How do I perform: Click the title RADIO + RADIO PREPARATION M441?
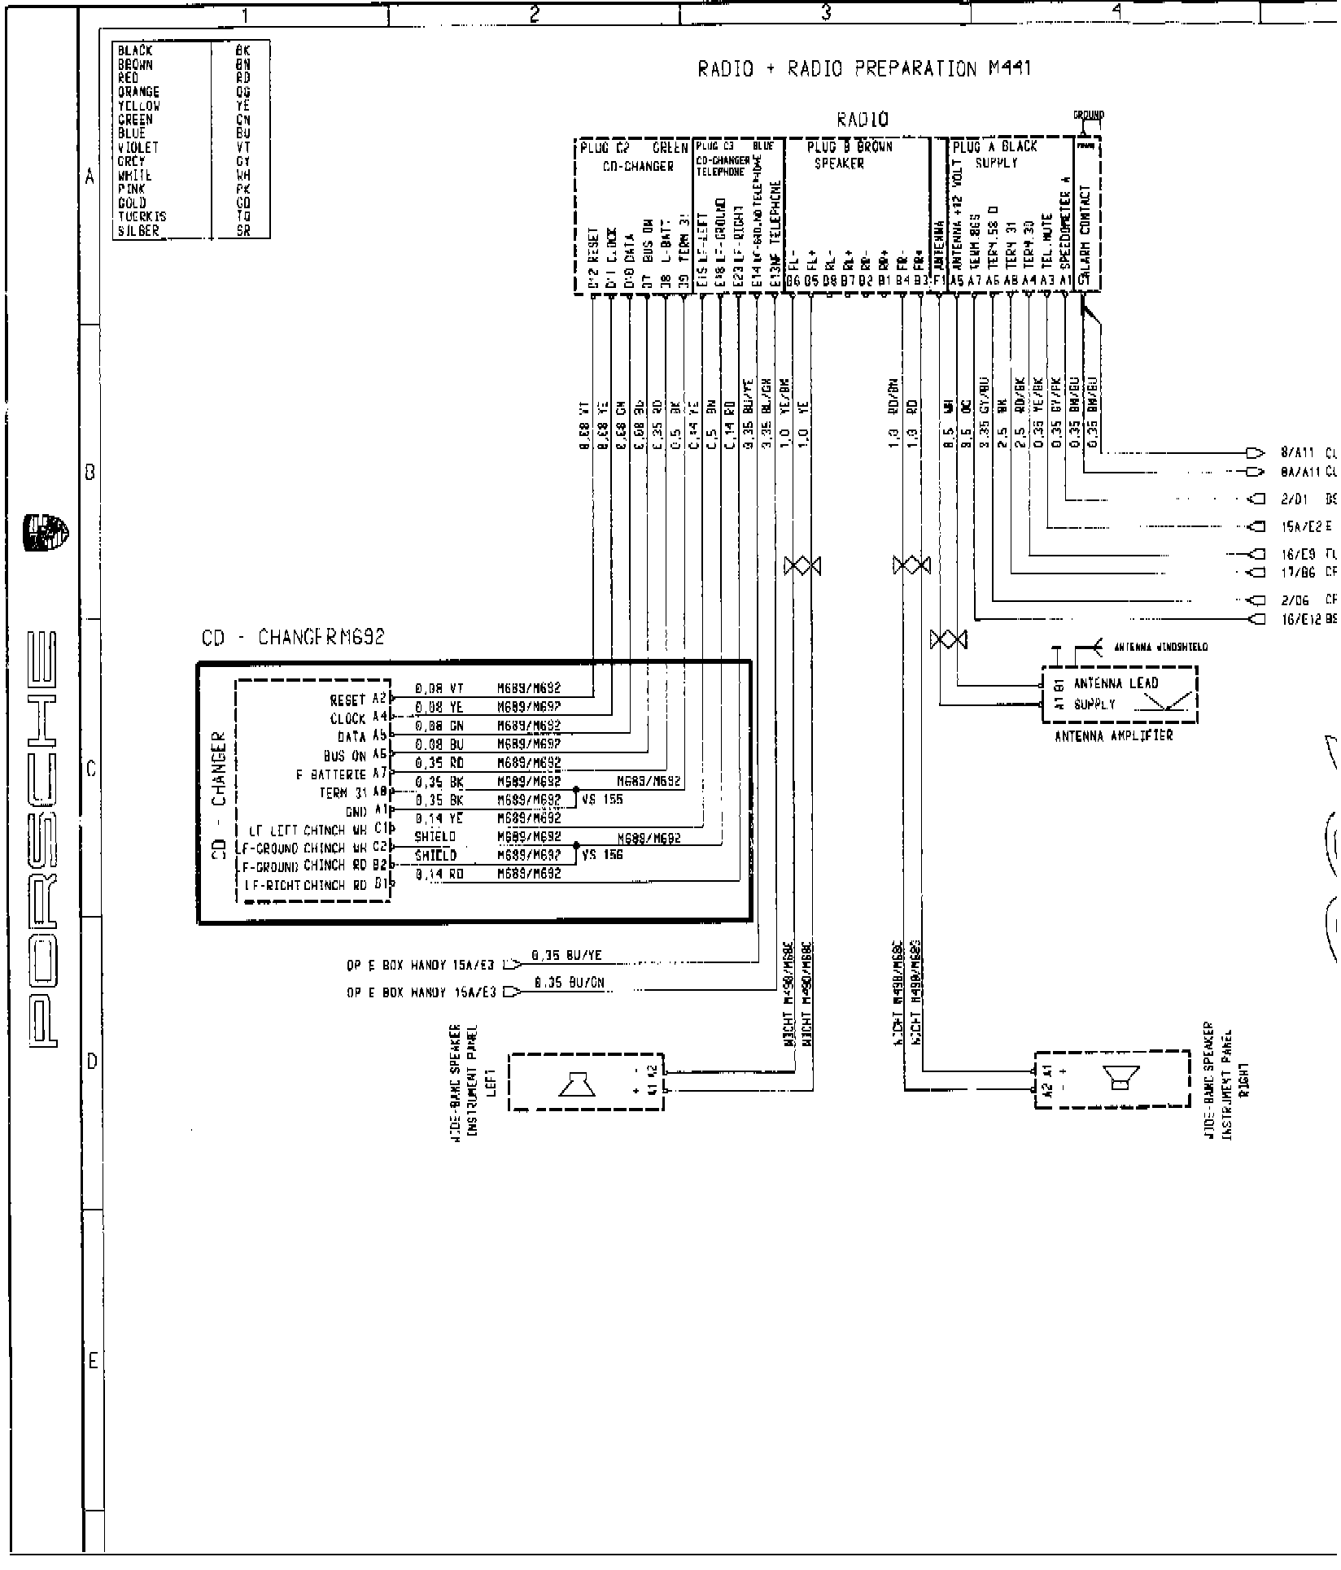[864, 69]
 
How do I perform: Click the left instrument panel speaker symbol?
[576, 1084]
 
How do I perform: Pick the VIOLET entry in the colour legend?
[138, 147]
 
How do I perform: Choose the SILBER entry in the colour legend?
[138, 231]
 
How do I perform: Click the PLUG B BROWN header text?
[850, 147]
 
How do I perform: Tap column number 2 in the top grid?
[534, 14]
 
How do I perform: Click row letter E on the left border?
[93, 1360]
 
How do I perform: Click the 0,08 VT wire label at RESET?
[439, 688]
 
